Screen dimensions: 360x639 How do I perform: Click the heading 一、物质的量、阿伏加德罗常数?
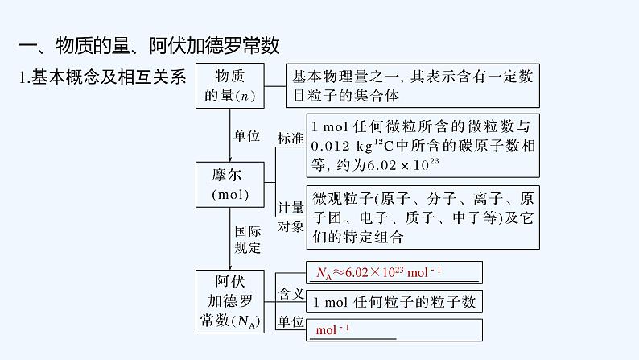149,45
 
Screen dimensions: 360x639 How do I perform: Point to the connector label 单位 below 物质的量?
246,135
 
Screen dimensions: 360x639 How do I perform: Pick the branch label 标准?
291,138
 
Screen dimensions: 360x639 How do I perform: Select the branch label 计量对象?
291,217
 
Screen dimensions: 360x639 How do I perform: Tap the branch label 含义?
291,293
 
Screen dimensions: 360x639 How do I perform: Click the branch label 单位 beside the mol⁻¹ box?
291,321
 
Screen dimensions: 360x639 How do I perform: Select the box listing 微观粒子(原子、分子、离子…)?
423,217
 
